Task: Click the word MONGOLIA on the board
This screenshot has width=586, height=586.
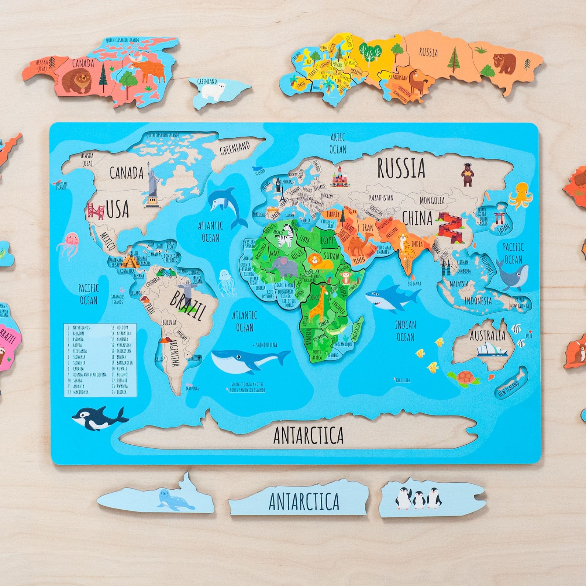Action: [x=432, y=200]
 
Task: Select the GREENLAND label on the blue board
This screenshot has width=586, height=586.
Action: [x=235, y=148]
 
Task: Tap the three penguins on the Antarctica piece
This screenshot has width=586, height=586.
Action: [x=418, y=498]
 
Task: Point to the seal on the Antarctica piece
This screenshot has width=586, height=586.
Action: [x=175, y=500]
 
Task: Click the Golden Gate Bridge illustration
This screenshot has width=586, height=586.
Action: [x=96, y=211]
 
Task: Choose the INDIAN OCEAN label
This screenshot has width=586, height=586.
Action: [x=405, y=331]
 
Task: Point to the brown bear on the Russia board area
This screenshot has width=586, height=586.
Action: [x=468, y=175]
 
